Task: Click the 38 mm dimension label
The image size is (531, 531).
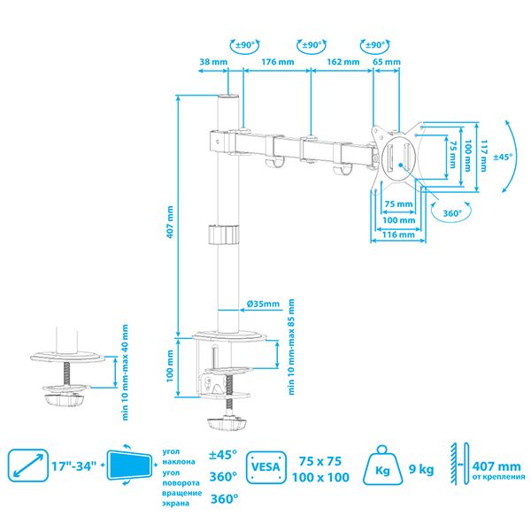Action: click(x=213, y=62)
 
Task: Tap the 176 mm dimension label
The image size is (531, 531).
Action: click(x=278, y=62)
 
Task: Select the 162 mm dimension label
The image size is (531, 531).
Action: click(x=343, y=62)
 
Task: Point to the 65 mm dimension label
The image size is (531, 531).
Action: click(x=387, y=62)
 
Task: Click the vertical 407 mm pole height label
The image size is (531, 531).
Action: click(x=170, y=222)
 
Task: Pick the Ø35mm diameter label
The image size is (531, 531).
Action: click(x=263, y=304)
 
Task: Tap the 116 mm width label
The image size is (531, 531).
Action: click(x=398, y=235)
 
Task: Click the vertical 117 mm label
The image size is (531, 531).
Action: click(x=483, y=156)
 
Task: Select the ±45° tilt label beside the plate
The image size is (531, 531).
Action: click(x=503, y=157)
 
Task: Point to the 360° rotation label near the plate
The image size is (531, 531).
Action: click(x=452, y=213)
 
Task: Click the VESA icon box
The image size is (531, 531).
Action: click(x=266, y=467)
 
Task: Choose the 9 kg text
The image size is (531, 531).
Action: click(x=421, y=469)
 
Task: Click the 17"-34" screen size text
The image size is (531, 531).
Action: click(x=73, y=466)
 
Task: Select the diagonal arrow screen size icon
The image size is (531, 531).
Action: click(x=28, y=466)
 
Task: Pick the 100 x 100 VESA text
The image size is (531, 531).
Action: click(x=320, y=477)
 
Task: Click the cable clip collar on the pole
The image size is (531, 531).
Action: click(x=223, y=234)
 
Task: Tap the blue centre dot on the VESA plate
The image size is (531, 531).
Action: click(x=401, y=165)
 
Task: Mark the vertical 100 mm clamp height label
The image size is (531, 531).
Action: click(x=170, y=366)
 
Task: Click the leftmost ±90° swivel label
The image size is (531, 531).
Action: click(x=245, y=45)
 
